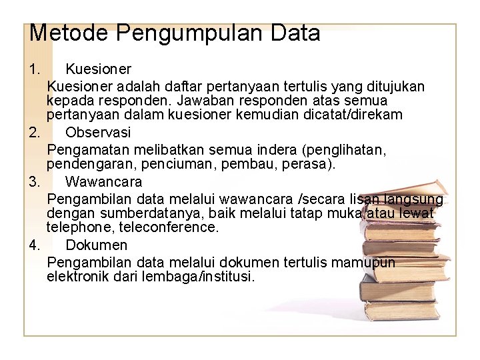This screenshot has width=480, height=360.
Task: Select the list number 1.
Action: (x=35, y=69)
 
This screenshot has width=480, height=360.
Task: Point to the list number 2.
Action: (x=35, y=132)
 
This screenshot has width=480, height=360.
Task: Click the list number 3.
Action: (x=35, y=181)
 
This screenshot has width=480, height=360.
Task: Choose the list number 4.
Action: (x=35, y=245)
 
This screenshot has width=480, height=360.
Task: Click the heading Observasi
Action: (x=98, y=132)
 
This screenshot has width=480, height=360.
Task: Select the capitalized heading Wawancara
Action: (x=103, y=181)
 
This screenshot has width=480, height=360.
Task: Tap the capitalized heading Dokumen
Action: (x=96, y=245)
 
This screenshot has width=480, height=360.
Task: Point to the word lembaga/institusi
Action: (x=198, y=277)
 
